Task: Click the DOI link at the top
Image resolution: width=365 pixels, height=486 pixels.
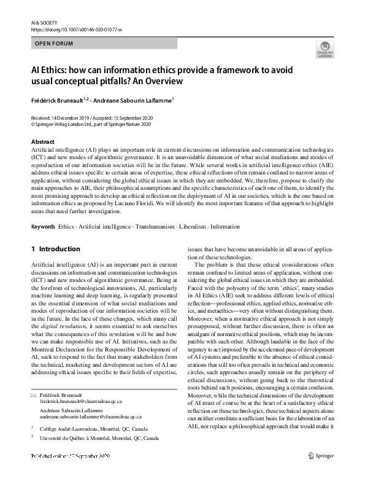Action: [x=75, y=29]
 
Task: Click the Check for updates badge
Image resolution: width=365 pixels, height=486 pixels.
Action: [x=325, y=50]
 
